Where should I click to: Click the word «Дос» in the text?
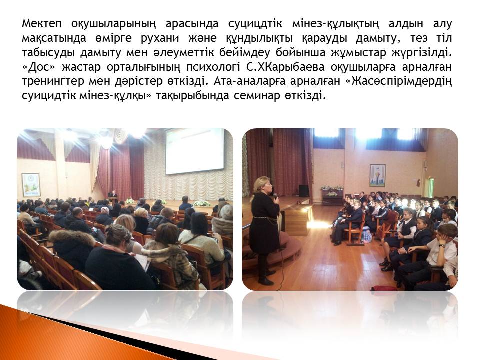pyautogui.click(x=39, y=67)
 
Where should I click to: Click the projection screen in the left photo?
pyautogui.click(x=195, y=151)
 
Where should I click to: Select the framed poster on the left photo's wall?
pyautogui.click(x=31, y=184)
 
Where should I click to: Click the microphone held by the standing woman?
pyautogui.click(x=275, y=196)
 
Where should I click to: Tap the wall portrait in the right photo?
pyautogui.click(x=378, y=175)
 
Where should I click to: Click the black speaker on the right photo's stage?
pyautogui.click(x=303, y=191)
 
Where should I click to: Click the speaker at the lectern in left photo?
pyautogui.click(x=114, y=194)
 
